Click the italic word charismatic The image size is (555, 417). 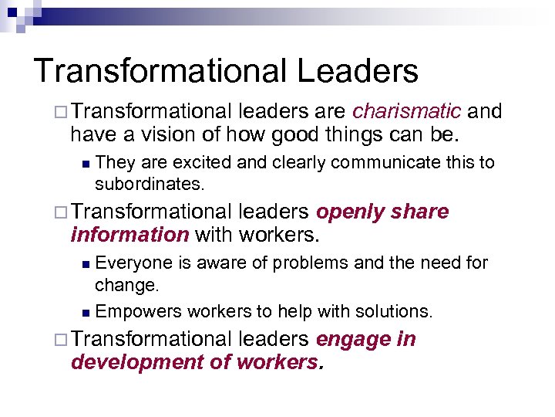coord(407,113)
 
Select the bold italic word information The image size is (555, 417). coord(129,235)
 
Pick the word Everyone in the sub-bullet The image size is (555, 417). coord(136,263)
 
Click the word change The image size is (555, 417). coord(126,285)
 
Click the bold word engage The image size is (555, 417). coord(344,340)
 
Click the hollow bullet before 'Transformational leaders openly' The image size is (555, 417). coord(62,213)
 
